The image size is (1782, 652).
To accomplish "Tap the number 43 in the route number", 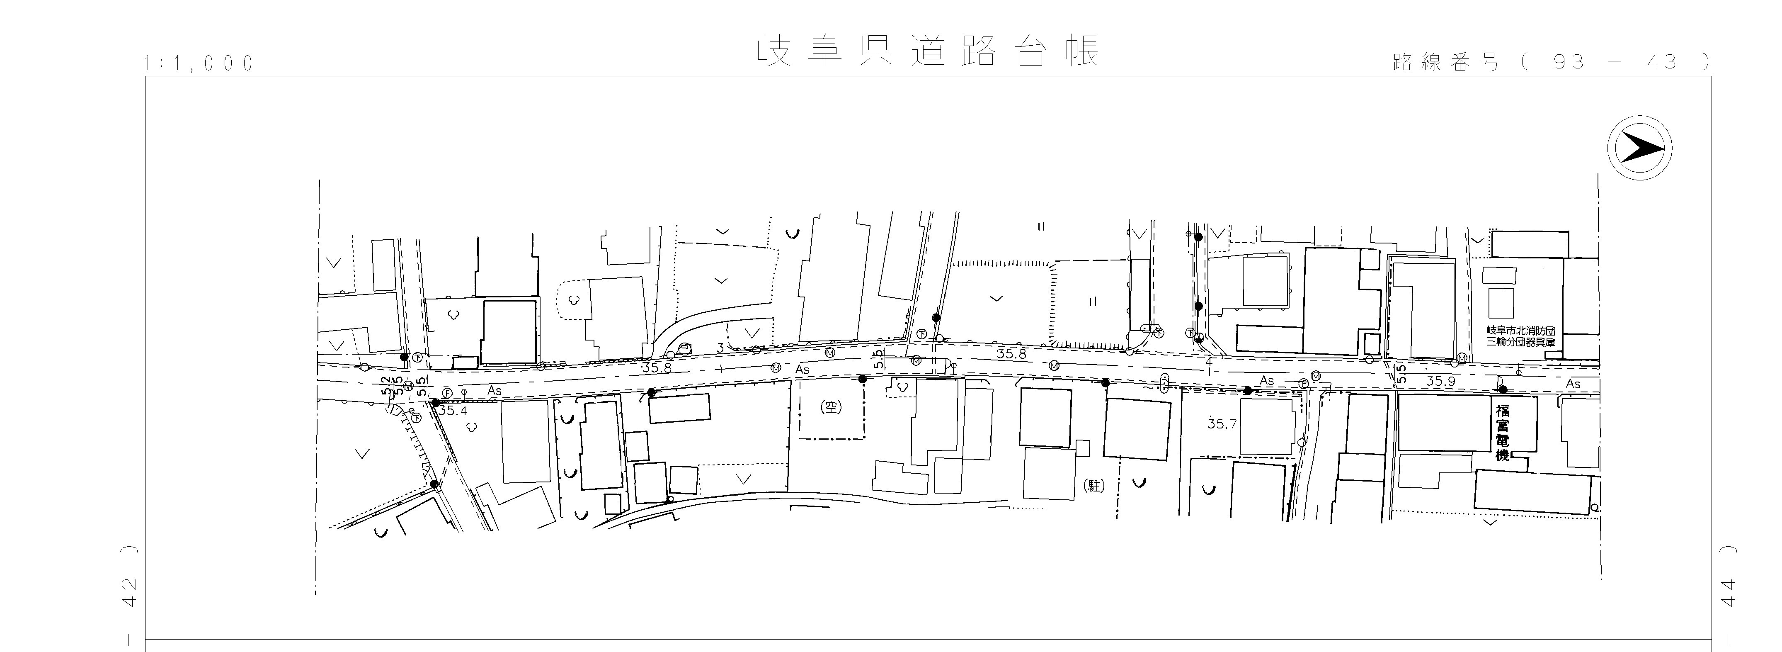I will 1662,62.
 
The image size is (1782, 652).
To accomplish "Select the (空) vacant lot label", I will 831,407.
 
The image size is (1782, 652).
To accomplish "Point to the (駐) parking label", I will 1093,486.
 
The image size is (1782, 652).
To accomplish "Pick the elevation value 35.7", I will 1222,423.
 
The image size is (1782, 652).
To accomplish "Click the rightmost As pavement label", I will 1573,384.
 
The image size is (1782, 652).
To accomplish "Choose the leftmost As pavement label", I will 494,391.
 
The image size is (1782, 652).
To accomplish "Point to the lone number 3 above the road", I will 720,348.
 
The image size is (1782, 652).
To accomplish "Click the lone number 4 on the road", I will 1208,362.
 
